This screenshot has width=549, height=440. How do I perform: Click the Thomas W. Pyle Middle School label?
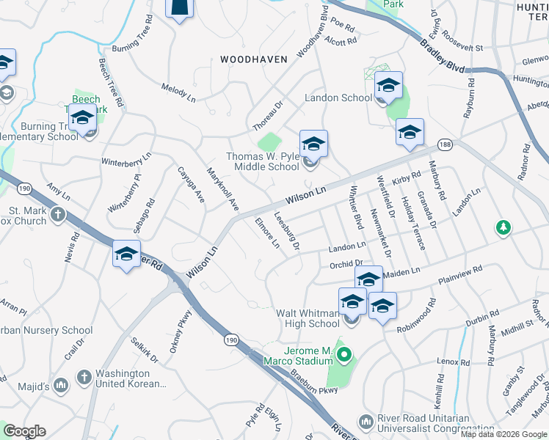click(262, 161)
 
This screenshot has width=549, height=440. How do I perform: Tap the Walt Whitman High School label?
click(308, 318)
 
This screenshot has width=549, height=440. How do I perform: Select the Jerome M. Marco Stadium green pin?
click(343, 356)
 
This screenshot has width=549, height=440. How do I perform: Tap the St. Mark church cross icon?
click(57, 216)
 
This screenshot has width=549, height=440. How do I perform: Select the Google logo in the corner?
click(24, 431)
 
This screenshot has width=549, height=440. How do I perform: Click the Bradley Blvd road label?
click(443, 56)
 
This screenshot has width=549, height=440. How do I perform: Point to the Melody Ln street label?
click(178, 92)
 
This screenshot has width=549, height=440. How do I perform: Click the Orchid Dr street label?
click(346, 263)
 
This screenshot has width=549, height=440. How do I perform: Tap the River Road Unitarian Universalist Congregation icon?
click(366, 422)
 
